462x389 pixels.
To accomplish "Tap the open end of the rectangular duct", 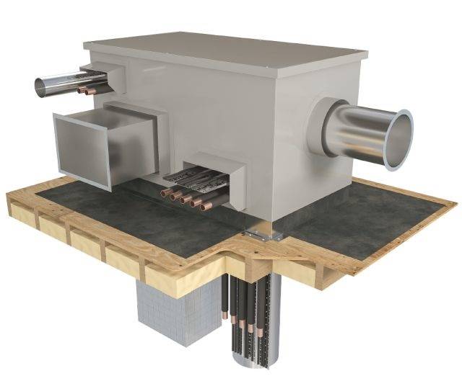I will pyautogui.click(x=81, y=150).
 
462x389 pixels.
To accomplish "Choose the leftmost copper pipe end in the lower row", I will pyautogui.click(x=165, y=193).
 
